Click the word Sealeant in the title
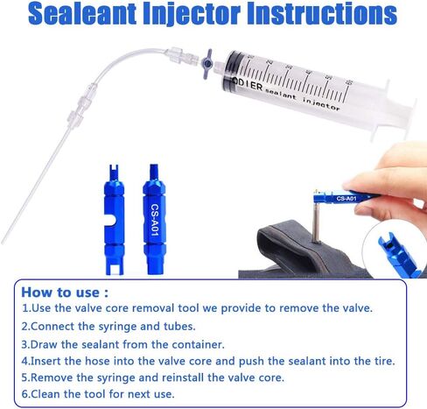coord(82,14)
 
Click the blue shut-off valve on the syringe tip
coord(207,63)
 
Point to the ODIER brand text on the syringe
coord(248,85)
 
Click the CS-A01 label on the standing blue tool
coord(155,220)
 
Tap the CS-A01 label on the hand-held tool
coord(346,199)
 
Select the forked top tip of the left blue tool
coord(114,171)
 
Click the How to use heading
coord(65,293)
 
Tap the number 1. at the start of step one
coord(26,308)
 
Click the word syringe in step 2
coord(117,327)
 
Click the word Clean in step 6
coord(45,394)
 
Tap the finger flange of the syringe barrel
coord(379,109)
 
